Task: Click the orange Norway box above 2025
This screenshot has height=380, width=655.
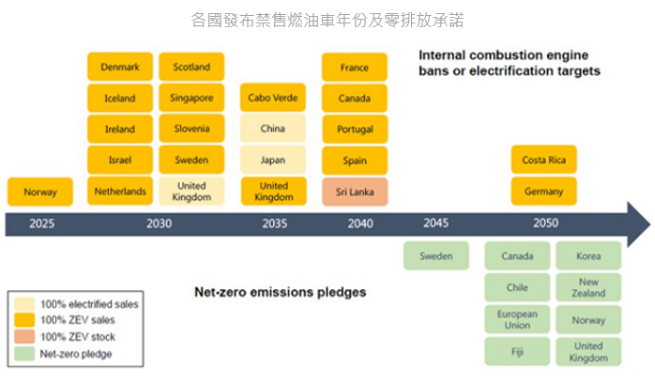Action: [40, 191]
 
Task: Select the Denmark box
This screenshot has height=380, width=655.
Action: [120, 67]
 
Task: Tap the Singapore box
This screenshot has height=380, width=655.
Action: [191, 98]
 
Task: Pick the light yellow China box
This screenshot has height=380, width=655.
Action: [273, 129]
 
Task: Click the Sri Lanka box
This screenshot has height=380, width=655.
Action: [355, 191]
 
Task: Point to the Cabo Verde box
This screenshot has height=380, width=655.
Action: [273, 98]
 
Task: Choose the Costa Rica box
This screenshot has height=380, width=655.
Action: [544, 160]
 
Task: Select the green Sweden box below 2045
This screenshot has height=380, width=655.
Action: [436, 255]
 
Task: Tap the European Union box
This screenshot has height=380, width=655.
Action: [517, 319]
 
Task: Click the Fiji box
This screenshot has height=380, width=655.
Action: [517, 352]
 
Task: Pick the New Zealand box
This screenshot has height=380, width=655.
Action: [588, 287]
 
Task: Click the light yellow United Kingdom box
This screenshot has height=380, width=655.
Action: [191, 191]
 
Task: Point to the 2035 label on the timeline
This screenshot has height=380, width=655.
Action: [275, 223]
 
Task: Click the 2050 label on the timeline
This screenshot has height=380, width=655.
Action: [545, 223]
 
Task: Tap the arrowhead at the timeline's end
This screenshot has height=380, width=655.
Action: [639, 224]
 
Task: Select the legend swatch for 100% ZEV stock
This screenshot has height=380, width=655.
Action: [24, 337]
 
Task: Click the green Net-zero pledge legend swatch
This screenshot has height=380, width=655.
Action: [24, 354]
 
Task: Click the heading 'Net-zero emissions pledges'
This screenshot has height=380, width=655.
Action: [281, 292]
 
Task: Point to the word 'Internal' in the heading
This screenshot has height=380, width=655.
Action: [442, 55]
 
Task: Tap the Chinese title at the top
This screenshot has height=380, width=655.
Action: [327, 20]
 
